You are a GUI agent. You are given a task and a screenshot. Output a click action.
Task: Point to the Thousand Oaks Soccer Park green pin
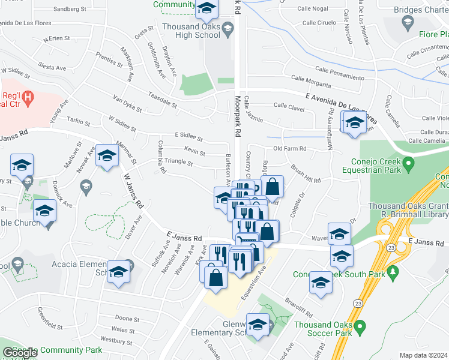[360, 327]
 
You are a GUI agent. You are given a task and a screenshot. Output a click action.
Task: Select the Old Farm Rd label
[290, 148]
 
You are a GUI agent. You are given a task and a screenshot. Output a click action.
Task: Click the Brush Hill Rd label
[306, 174]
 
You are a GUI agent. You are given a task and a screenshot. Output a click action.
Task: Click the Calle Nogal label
[312, 9]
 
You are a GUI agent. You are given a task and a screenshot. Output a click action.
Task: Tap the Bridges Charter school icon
[408, 23]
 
